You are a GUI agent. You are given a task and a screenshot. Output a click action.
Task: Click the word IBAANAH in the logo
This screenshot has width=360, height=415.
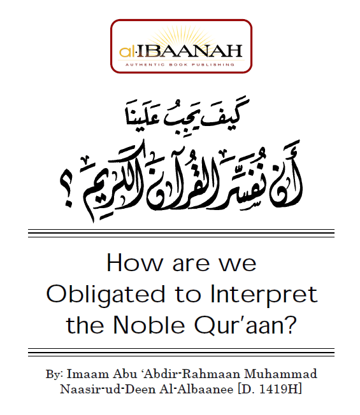point(192,50)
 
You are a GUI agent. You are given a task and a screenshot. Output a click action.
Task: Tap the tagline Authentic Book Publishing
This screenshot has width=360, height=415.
point(181,64)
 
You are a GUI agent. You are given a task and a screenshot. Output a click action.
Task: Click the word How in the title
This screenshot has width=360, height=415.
point(131,262)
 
